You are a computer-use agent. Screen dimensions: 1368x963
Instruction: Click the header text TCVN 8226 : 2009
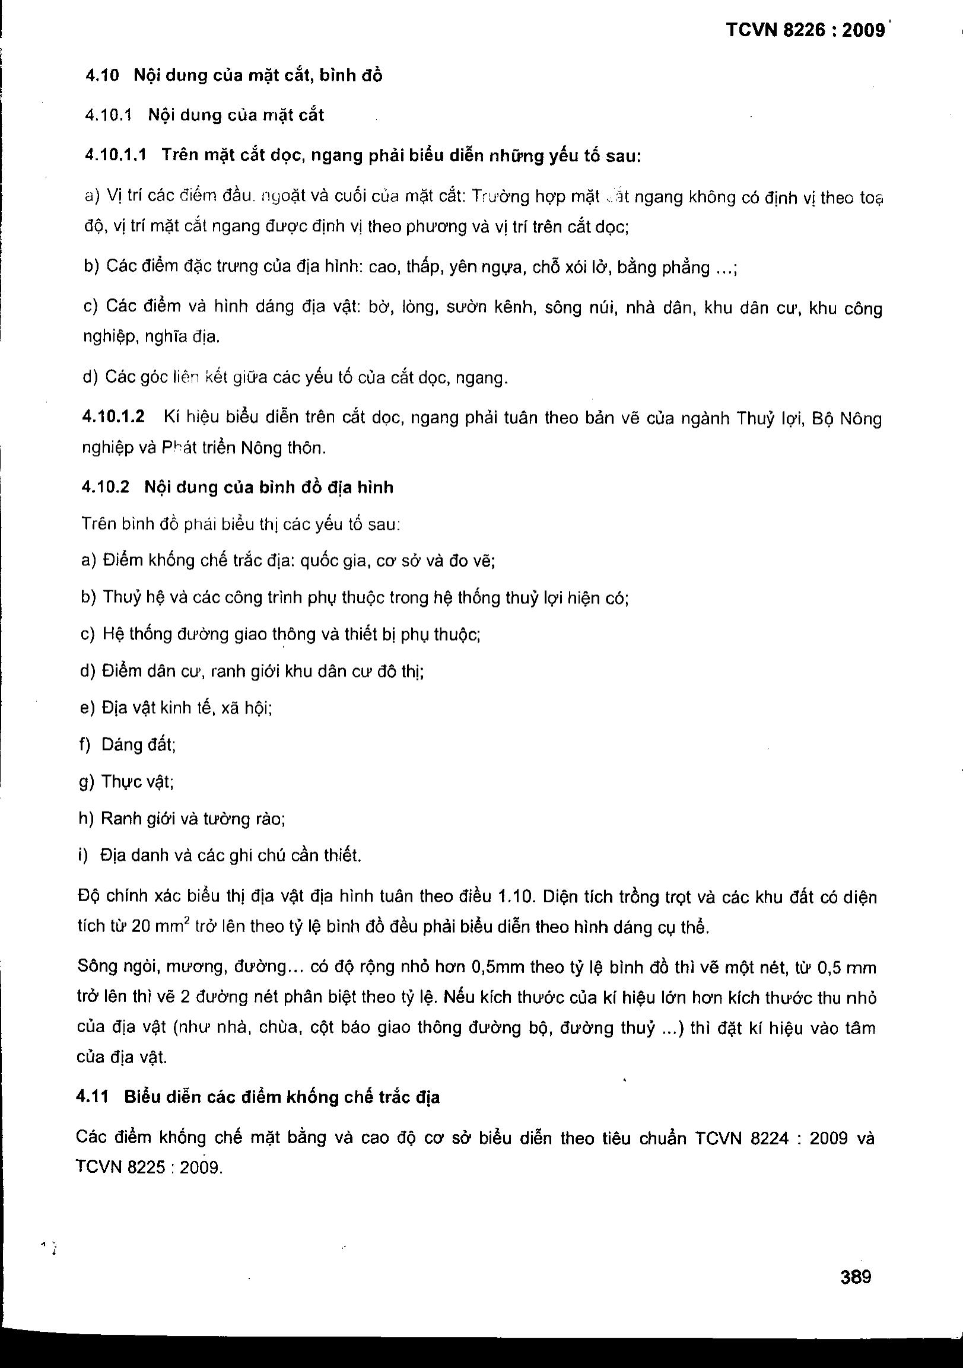pos(806,30)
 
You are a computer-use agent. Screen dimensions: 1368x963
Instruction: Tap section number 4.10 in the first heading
pos(103,76)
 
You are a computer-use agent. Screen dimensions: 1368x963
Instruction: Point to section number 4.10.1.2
pos(113,416)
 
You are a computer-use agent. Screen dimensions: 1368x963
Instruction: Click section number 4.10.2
pos(106,487)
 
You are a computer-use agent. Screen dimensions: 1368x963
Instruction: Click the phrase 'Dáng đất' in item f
pos(138,745)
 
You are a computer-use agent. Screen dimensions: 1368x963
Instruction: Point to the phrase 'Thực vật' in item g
pos(137,782)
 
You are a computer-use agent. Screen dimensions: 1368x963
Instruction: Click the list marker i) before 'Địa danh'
pos(83,855)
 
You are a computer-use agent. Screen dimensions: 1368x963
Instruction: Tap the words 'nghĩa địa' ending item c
pos(184,337)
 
